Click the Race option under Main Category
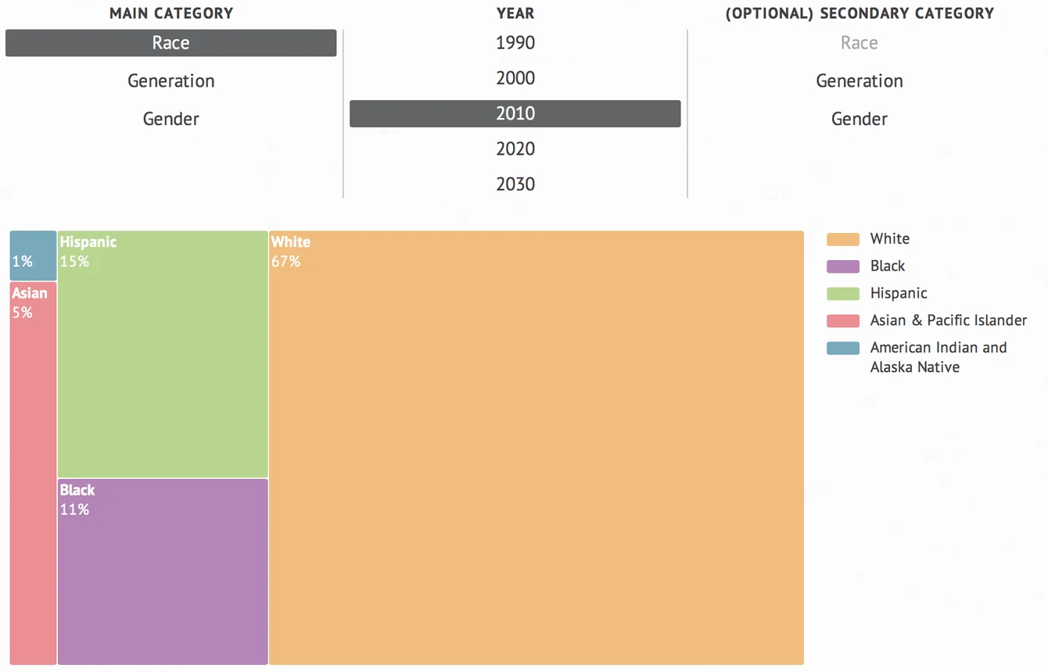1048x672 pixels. point(170,43)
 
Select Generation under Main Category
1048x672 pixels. point(170,81)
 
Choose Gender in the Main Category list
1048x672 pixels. point(170,119)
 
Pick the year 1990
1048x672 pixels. point(515,43)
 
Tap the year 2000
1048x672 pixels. point(515,78)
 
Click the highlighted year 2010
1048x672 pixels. point(515,113)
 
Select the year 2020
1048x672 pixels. point(515,148)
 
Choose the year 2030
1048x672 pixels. point(515,184)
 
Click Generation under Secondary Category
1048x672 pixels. point(859,81)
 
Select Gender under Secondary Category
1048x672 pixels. point(859,119)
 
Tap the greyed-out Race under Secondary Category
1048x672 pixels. point(859,43)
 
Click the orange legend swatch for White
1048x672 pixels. point(842,239)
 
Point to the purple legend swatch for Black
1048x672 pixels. point(842,266)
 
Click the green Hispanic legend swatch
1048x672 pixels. point(842,294)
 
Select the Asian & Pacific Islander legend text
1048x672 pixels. point(948,320)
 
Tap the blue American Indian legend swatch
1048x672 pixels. point(842,348)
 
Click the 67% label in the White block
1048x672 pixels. point(285,262)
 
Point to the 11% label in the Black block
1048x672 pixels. point(74,510)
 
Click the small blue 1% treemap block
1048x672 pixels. point(33,255)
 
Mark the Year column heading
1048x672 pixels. point(515,13)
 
